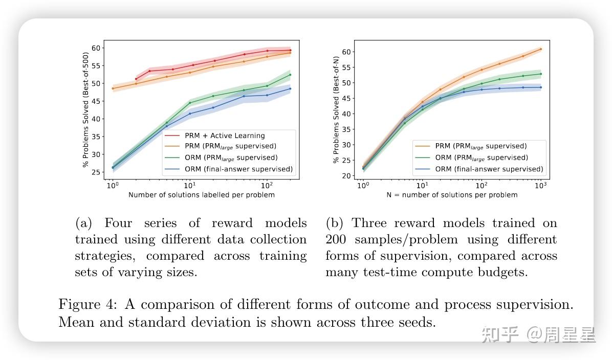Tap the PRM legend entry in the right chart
[480, 146]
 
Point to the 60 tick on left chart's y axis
[96, 48]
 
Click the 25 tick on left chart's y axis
[96, 172]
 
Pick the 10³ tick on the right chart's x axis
[540, 185]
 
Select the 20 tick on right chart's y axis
[346, 176]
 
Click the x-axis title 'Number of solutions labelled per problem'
[201, 195]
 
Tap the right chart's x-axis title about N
[452, 195]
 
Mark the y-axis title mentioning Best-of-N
[336, 109]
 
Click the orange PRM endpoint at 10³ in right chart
[541, 49]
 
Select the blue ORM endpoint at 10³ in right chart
[541, 87]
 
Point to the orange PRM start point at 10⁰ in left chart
[113, 88]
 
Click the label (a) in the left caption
[83, 223]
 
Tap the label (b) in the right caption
[335, 223]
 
